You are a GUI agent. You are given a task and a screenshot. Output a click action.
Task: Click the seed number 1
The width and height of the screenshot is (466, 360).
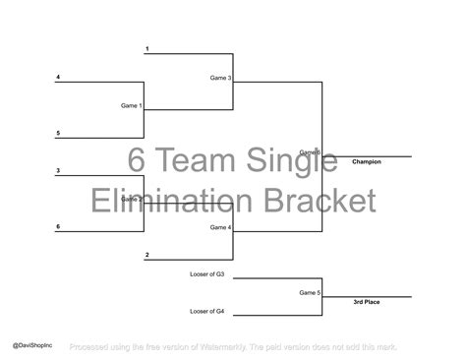click(146, 48)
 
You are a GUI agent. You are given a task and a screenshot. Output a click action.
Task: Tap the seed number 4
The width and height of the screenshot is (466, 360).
click(58, 77)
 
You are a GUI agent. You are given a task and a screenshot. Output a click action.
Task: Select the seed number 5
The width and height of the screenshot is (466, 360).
click(58, 133)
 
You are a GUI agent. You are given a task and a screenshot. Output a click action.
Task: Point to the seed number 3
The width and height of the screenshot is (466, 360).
click(58, 171)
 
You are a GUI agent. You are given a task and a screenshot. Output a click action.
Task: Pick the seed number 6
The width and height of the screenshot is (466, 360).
click(58, 227)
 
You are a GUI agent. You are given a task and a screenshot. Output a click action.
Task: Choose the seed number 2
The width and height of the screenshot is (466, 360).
click(146, 256)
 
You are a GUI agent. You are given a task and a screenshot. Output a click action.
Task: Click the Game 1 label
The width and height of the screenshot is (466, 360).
click(132, 105)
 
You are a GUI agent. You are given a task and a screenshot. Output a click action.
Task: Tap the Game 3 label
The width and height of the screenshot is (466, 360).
click(220, 77)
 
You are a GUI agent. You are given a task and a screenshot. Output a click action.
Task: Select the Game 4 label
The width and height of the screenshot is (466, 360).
click(220, 227)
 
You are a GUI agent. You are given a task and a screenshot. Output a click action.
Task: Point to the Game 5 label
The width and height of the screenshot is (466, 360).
click(310, 292)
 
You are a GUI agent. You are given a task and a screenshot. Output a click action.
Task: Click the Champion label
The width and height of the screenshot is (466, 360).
click(367, 161)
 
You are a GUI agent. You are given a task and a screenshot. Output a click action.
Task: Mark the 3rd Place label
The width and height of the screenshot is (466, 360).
click(367, 302)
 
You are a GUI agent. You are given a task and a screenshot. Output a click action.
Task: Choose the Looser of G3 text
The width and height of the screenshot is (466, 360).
click(206, 274)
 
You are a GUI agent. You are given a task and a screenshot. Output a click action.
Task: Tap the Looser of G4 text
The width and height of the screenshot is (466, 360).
click(206, 312)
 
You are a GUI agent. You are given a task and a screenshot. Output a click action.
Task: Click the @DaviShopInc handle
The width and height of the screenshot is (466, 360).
click(32, 346)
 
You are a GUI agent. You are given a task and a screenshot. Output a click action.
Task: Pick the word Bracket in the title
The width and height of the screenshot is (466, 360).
click(318, 201)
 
